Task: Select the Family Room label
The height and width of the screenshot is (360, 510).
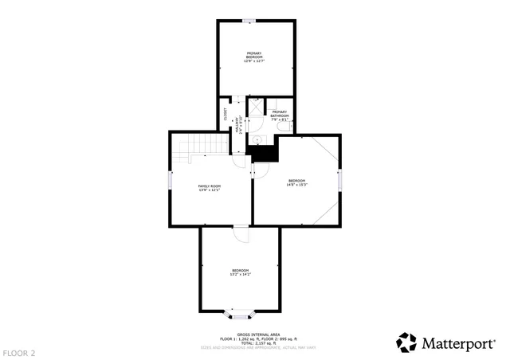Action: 209,188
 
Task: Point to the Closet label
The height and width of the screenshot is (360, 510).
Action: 226,114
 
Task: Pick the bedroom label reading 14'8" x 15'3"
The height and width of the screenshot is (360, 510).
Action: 297,182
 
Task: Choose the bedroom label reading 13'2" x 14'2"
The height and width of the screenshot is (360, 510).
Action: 240,272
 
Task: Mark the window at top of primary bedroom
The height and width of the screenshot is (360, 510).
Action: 250,21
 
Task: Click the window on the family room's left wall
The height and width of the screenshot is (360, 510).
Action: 170,182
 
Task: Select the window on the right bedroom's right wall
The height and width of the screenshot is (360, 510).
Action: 340,180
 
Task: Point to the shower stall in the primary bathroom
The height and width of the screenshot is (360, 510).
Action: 255,105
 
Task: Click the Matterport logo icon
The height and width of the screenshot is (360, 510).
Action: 406,342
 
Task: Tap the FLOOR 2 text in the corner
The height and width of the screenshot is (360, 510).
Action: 18,352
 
